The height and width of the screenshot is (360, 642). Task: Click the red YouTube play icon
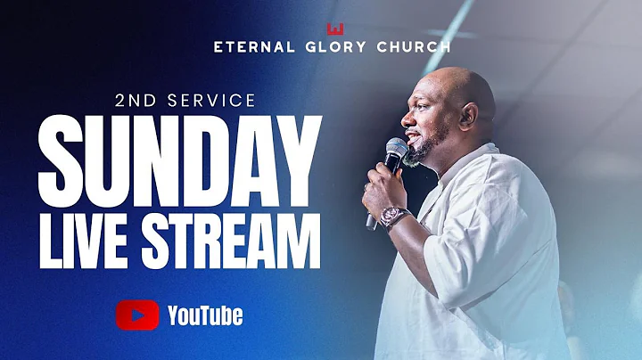click(137, 315)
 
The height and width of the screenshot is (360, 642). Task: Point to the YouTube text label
click(205, 315)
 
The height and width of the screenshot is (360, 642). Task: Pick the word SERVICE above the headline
click(219, 101)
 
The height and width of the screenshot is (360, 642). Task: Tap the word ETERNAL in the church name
click(255, 46)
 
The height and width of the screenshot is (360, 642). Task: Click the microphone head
click(396, 150)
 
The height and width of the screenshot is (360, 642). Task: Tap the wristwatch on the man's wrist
click(395, 217)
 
